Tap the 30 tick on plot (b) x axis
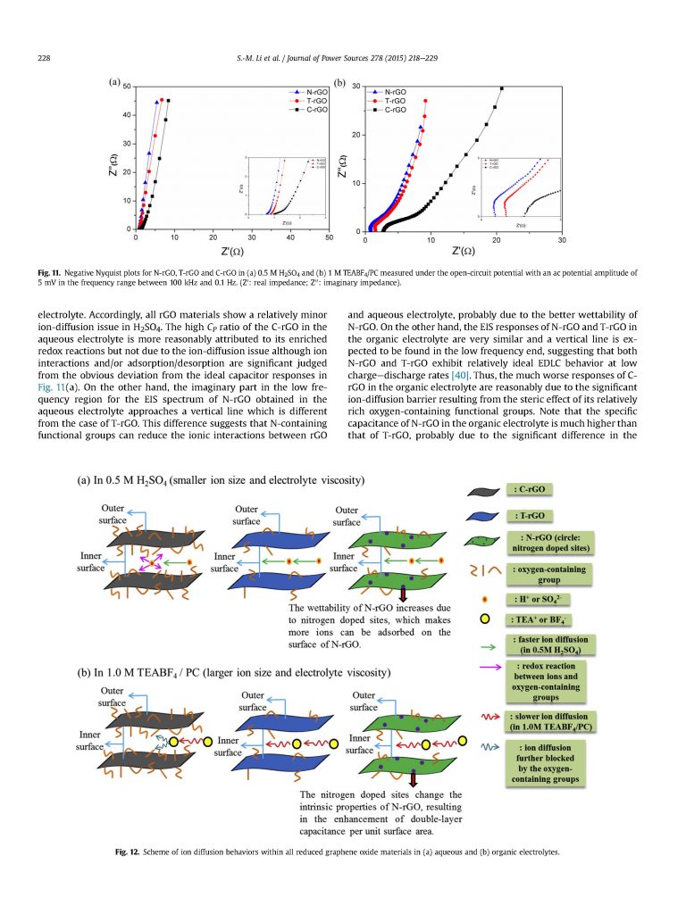pos(562,241)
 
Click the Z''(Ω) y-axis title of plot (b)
pos(342,159)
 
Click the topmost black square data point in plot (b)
pos(502,87)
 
